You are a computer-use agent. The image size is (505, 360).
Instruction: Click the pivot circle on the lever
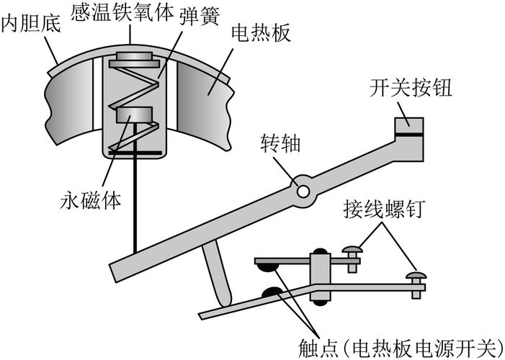point(302,189)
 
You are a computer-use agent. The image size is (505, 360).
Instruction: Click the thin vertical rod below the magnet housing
point(134,202)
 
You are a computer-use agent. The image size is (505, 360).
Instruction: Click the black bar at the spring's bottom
point(133,153)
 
